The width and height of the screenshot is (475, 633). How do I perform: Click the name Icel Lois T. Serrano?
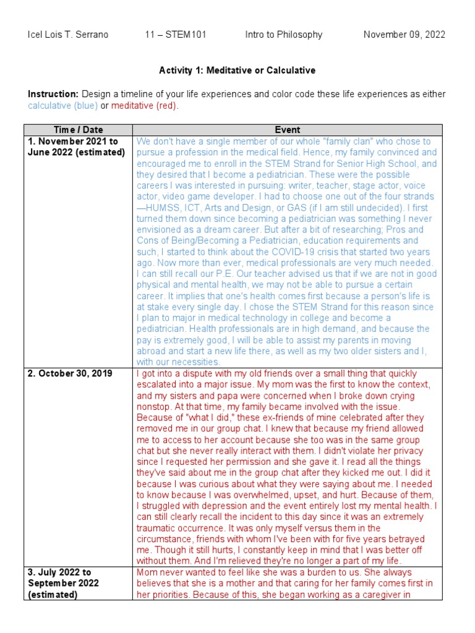[x=68, y=35]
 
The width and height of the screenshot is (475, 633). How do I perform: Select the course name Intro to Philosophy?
[x=283, y=35]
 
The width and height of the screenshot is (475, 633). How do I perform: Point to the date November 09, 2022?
[x=404, y=35]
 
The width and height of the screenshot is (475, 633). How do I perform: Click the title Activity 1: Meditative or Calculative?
[x=237, y=70]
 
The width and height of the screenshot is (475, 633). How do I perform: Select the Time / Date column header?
[x=78, y=130]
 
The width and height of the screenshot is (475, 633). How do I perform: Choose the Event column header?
[x=288, y=130]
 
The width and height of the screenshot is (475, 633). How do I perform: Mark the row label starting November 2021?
[x=77, y=147]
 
